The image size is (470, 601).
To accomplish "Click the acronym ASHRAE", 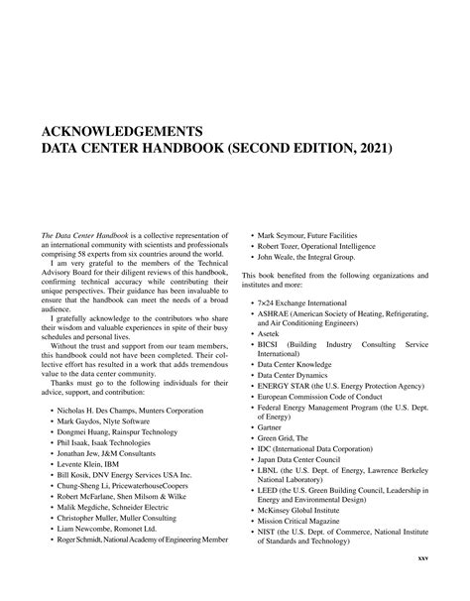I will pos(275,311).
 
